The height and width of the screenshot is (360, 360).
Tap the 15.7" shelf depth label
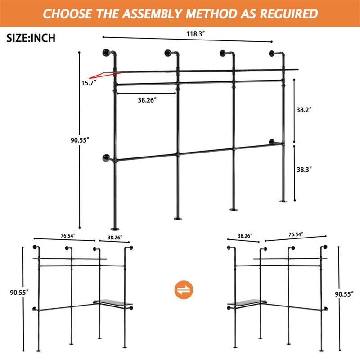click(x=89, y=83)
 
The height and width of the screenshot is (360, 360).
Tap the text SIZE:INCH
click(x=31, y=38)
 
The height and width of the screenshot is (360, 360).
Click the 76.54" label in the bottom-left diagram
click(x=68, y=235)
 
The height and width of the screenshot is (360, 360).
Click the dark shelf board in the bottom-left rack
click(x=112, y=304)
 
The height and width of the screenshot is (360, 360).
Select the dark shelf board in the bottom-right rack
click(x=247, y=304)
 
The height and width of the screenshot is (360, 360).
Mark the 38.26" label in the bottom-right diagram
click(x=245, y=235)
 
